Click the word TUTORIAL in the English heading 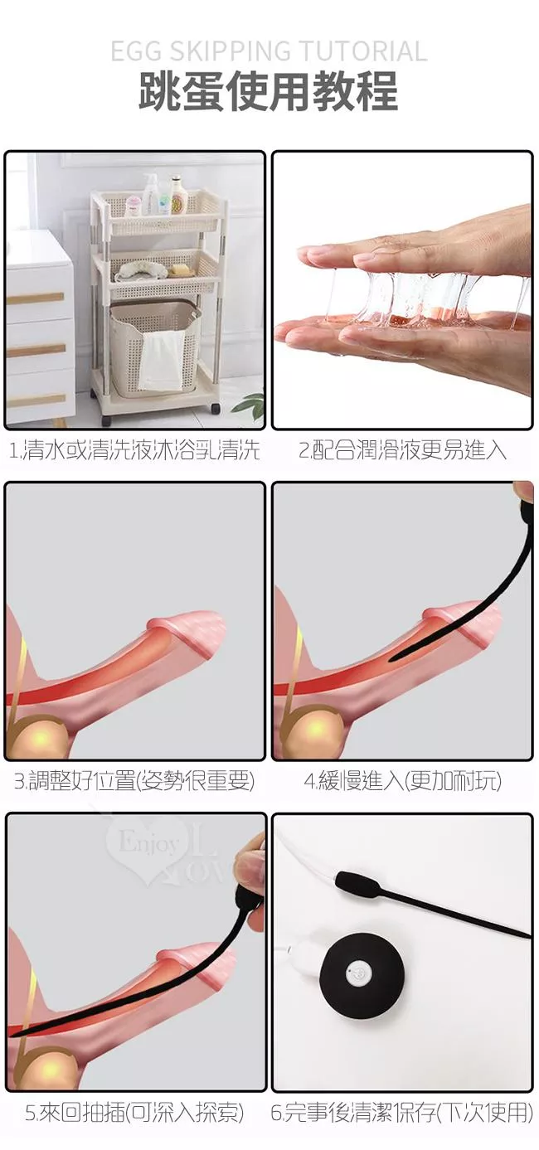pyautogui.click(x=363, y=51)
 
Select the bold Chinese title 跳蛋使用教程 pyautogui.click(x=269, y=91)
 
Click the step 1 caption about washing pyautogui.click(x=134, y=449)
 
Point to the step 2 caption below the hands pyautogui.click(x=402, y=449)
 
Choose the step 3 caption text pyautogui.click(x=134, y=780)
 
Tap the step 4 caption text pyautogui.click(x=402, y=780)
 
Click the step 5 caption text pyautogui.click(x=134, y=1112)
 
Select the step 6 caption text pyautogui.click(x=402, y=1112)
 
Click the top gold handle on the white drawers pyautogui.click(x=35, y=298)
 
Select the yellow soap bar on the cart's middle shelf pyautogui.click(x=182, y=269)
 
